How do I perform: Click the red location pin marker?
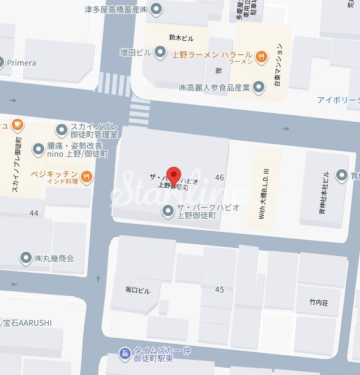pos(174,174)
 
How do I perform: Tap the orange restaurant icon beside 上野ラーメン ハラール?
pos(261,56)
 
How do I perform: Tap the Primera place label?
pos(22,63)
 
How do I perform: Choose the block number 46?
pos(220,178)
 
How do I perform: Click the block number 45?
pos(220,290)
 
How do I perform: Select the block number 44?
pos(34,213)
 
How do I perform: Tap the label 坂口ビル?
pos(138,290)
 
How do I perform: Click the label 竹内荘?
pos(319,303)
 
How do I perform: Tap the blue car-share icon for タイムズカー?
pos(123,354)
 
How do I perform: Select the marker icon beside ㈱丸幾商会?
pos(26,258)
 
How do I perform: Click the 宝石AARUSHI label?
pos(27,323)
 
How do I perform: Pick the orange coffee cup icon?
pos(18,123)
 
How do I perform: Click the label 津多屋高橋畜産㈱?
pos(115,9)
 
